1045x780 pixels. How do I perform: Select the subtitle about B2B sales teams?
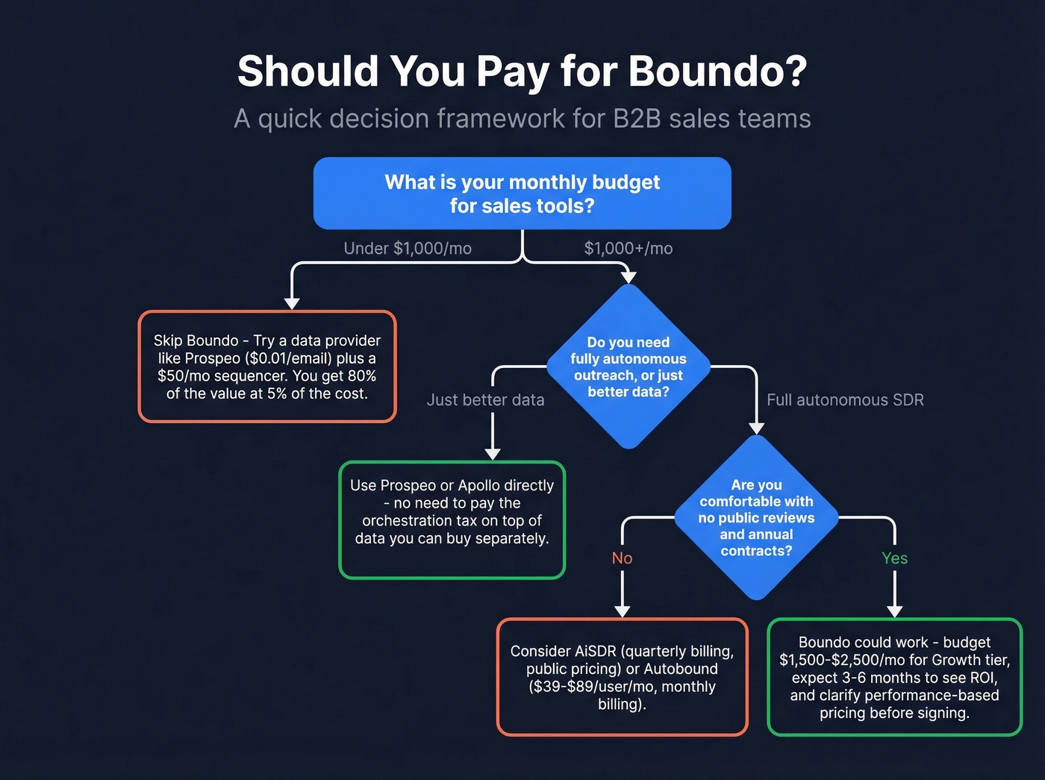pos(522,119)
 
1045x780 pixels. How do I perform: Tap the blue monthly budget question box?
pos(522,193)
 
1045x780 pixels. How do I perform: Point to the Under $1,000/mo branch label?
pos(408,249)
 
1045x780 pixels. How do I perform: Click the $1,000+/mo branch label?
pos(628,249)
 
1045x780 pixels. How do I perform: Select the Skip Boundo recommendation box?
pos(267,366)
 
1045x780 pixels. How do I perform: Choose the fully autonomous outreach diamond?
pos(628,366)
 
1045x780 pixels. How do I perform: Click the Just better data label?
pos(485,400)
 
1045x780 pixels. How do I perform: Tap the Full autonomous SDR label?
pos(845,400)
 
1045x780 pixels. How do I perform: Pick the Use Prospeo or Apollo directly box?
pos(452,520)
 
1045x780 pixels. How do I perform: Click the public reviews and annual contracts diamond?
pos(756,517)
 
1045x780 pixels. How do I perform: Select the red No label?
pos(622,558)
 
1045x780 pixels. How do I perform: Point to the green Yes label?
pos(894,558)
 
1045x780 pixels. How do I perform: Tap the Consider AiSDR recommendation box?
pos(622,677)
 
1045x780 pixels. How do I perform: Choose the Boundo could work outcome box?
pos(894,677)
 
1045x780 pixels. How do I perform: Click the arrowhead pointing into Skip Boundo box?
pos(292,303)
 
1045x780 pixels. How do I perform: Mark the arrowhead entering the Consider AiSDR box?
pos(622,611)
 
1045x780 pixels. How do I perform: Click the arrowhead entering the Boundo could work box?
pos(894,611)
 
